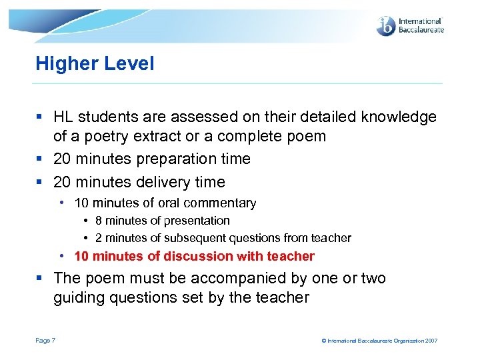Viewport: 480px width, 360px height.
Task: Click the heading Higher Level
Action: tap(95, 64)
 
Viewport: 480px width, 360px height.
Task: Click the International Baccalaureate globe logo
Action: tap(386, 26)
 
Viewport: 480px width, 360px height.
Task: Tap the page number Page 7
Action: tap(45, 341)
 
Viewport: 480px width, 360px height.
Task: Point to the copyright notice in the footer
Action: tap(379, 341)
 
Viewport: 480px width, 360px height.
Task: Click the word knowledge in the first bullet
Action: tap(399, 117)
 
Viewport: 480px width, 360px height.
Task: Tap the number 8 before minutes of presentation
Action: tap(98, 221)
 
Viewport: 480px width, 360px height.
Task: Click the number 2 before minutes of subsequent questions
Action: tap(98, 238)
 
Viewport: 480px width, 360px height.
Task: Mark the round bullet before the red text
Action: tap(61, 256)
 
